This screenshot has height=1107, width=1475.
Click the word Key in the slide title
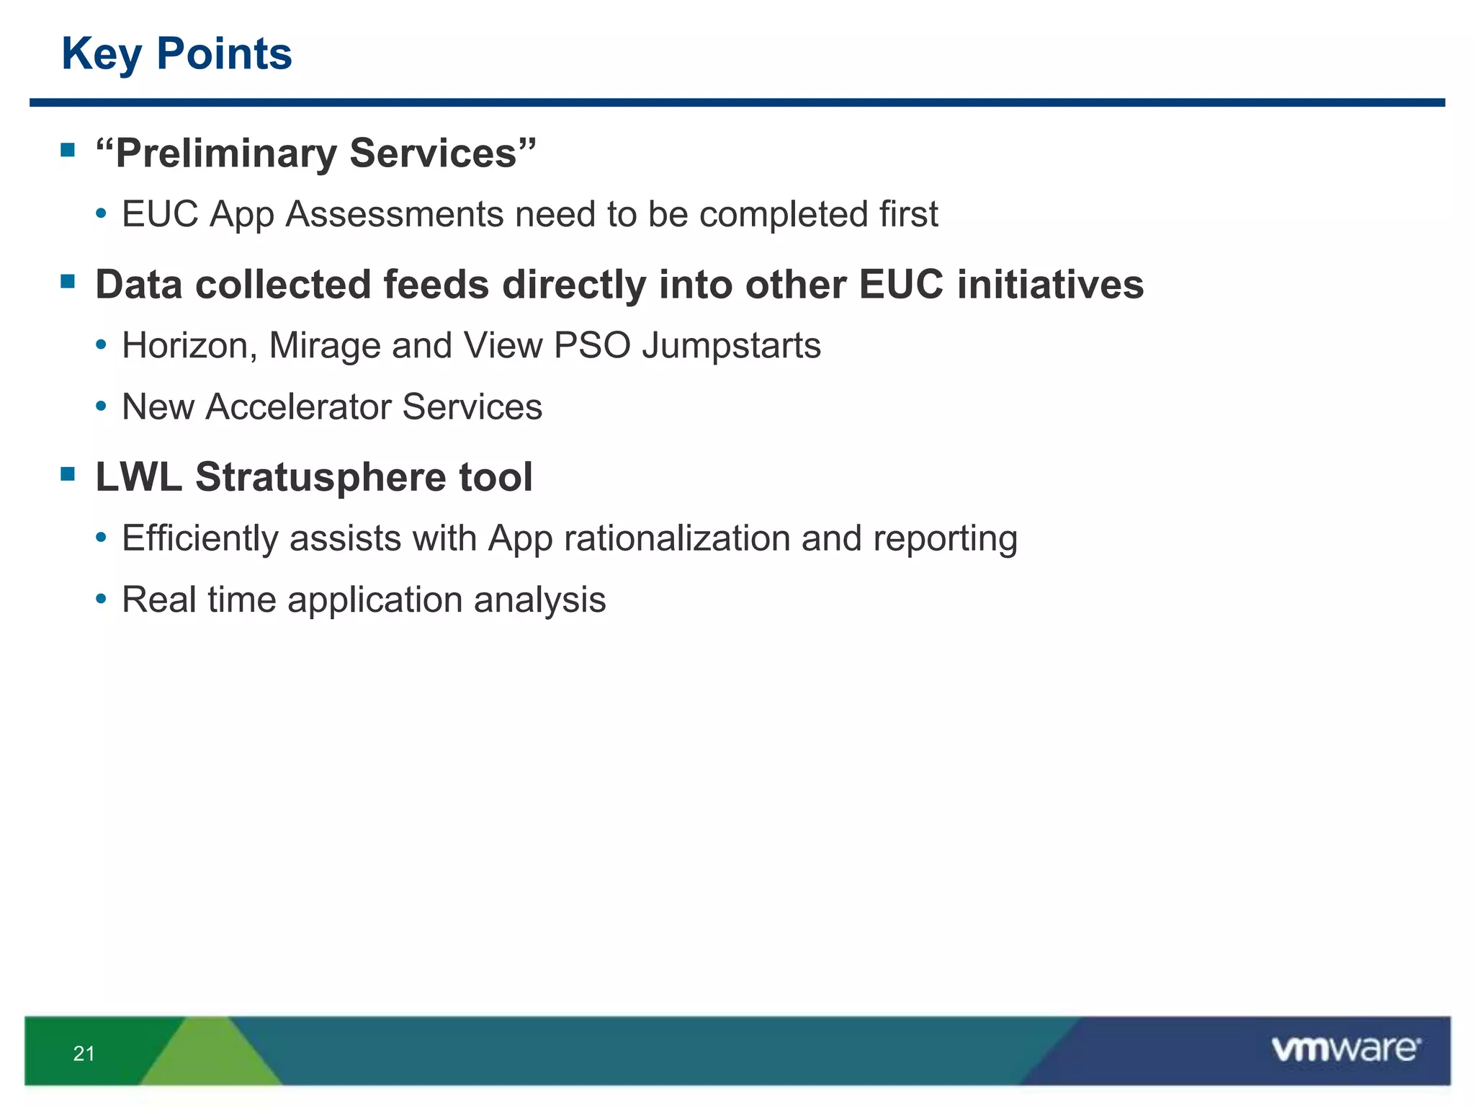point(102,55)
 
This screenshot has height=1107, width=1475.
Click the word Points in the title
point(224,55)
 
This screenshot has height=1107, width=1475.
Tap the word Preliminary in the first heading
point(226,154)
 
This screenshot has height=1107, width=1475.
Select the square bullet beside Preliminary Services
point(68,150)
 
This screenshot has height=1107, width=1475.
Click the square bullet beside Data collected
point(68,281)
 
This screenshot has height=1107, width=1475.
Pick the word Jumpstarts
point(730,346)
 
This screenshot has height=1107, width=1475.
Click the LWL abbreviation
point(138,477)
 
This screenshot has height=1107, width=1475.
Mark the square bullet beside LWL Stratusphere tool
point(68,474)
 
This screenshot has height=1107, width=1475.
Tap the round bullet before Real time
point(102,599)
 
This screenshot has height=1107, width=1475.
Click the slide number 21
point(84,1054)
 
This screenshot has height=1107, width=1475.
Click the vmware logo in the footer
point(1345,1049)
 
